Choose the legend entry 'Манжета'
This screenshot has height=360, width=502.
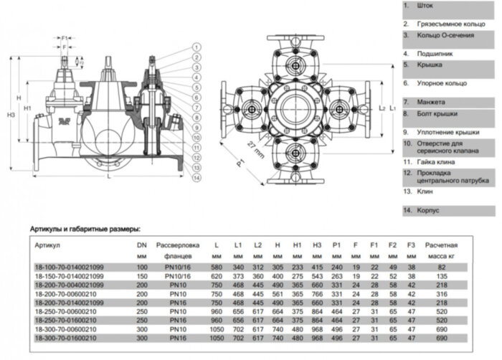click(427, 102)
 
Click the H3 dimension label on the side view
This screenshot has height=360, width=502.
click(9, 114)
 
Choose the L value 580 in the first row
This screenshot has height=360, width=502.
click(216, 267)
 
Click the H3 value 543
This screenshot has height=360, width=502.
click(316, 275)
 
